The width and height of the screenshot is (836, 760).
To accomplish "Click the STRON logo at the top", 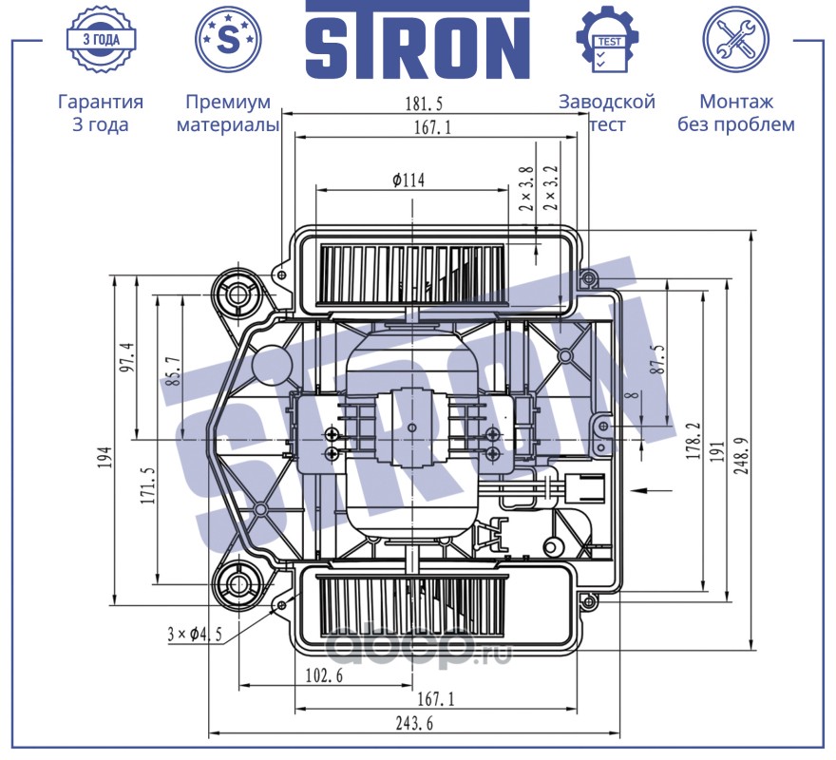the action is pyautogui.click(x=417, y=41).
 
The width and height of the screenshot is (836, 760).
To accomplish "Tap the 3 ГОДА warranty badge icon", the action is pyautogui.click(x=100, y=40).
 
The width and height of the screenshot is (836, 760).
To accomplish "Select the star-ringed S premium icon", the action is pyautogui.click(x=228, y=40).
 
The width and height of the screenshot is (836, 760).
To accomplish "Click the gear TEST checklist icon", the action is pyautogui.click(x=606, y=40).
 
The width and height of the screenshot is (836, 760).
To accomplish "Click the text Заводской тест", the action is pyautogui.click(x=607, y=113).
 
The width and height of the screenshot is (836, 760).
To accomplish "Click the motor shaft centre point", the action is pyautogui.click(x=411, y=428).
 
